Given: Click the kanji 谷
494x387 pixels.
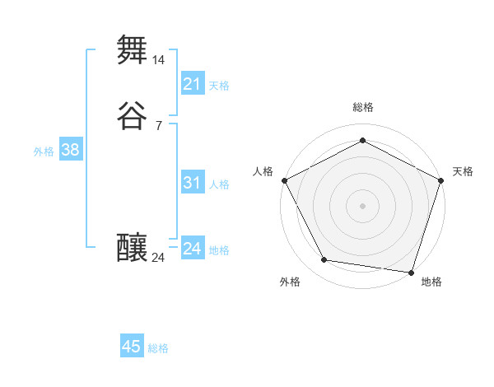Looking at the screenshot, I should [x=133, y=115].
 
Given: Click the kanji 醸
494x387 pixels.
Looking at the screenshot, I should [x=133, y=247].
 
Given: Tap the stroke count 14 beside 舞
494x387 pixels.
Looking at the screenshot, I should [x=159, y=60].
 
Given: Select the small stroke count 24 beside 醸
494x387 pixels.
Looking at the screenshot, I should [x=159, y=258].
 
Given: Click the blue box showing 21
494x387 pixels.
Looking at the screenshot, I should [x=193, y=84].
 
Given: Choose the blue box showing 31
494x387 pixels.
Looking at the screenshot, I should [x=193, y=183].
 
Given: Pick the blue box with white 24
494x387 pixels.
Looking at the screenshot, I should [x=193, y=249].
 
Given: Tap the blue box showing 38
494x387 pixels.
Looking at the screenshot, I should [x=70, y=150].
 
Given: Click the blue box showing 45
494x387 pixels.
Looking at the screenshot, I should [x=132, y=347].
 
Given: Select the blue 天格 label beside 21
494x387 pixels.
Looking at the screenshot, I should [x=219, y=86].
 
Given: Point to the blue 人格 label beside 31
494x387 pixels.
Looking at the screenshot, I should [x=219, y=184].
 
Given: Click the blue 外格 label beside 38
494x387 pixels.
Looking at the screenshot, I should [x=44, y=152].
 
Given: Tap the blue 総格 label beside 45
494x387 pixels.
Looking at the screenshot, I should [x=158, y=348].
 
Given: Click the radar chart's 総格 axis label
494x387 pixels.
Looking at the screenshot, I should [x=363, y=107].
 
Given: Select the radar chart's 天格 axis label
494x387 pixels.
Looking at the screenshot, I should [x=463, y=171].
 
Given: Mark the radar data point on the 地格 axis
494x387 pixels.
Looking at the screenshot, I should [x=412, y=272].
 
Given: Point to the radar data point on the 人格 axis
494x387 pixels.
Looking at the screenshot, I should [x=284, y=180].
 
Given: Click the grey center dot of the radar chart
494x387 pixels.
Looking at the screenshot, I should [x=363, y=205].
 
